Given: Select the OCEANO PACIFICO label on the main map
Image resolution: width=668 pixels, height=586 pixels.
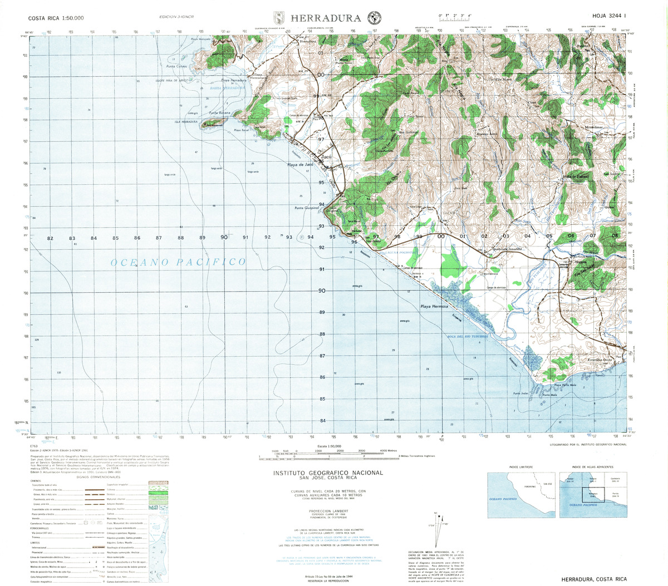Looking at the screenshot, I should (178, 262).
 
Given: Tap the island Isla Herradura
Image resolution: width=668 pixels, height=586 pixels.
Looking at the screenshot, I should (214, 125).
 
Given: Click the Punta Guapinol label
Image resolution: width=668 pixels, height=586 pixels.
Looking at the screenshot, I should (307, 208).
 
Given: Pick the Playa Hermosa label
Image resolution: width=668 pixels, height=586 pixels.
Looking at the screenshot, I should (434, 307).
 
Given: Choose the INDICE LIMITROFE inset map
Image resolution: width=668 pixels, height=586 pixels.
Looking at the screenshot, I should (522, 495).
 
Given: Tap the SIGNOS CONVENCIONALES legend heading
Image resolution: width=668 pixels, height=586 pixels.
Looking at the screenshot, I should (91, 477).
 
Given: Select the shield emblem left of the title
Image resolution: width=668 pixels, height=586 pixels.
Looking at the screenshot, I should (279, 18).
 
